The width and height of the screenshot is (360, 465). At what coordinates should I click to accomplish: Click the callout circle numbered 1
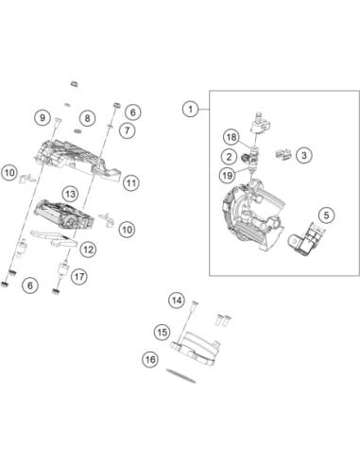tap(191, 110)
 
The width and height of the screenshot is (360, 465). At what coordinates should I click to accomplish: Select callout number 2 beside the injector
tap(229, 157)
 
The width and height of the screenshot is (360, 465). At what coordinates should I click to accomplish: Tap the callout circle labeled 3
tap(304, 155)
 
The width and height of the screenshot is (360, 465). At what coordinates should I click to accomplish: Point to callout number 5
tap(326, 215)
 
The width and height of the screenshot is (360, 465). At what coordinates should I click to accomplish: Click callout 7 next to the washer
tap(128, 130)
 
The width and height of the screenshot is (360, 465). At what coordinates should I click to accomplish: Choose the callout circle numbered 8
tap(87, 118)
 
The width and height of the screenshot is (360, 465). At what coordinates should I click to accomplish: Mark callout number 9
tap(43, 117)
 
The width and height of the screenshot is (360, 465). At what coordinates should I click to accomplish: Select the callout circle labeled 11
tap(131, 182)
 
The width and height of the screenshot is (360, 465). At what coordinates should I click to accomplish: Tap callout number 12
tap(88, 250)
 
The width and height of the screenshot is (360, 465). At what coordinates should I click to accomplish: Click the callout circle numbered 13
tap(70, 194)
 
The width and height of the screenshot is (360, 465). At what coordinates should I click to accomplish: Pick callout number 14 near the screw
tap(177, 301)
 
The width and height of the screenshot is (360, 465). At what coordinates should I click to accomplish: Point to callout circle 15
tap(163, 332)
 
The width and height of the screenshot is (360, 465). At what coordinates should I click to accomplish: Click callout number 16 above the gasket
tap(150, 359)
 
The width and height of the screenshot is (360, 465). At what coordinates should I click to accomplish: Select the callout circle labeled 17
tap(79, 277)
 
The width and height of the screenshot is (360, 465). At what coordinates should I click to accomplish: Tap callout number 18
tap(231, 137)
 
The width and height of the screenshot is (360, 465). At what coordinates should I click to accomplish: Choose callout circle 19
tap(227, 175)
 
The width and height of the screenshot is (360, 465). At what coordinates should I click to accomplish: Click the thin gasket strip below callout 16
tap(180, 375)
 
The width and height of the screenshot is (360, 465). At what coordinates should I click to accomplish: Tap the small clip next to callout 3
tap(283, 154)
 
